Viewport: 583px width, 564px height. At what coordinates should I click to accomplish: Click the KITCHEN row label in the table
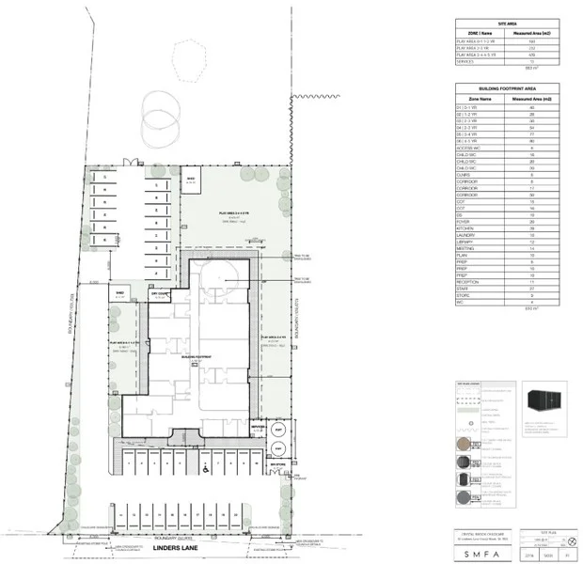click(x=466, y=227)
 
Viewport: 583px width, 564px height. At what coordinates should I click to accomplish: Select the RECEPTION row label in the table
click(x=469, y=280)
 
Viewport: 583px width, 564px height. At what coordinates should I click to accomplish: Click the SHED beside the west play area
click(x=119, y=293)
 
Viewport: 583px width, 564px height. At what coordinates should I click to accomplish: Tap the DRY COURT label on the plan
click(x=160, y=294)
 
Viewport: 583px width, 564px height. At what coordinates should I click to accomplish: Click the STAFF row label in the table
click(x=465, y=288)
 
